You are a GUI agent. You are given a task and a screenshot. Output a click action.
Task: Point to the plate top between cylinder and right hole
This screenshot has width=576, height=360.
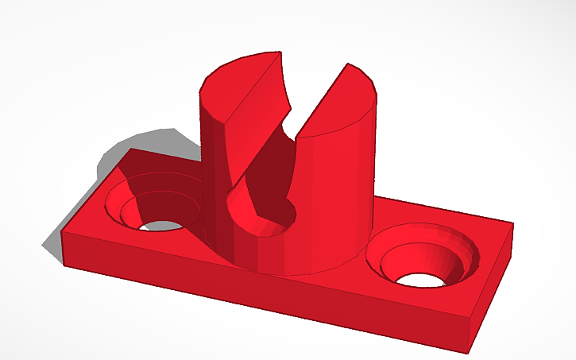click(377, 226)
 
